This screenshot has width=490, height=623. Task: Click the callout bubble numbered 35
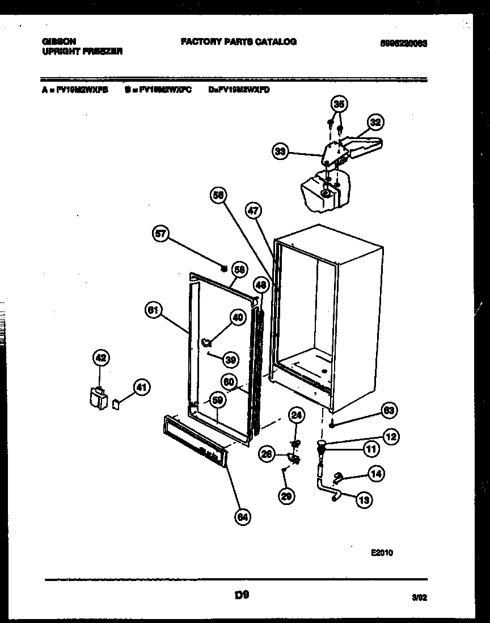pyautogui.click(x=339, y=104)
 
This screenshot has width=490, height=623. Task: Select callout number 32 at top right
pyautogui.click(x=375, y=122)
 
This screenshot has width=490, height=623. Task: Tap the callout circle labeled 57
pyautogui.click(x=162, y=234)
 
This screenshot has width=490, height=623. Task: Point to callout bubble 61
pyautogui.click(x=154, y=310)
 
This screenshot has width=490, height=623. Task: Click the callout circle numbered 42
pyautogui.click(x=100, y=358)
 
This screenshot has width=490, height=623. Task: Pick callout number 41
pyautogui.click(x=142, y=388)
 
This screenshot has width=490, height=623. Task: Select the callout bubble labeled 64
pyautogui.click(x=243, y=516)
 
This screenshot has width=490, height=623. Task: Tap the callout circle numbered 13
pyautogui.click(x=365, y=499)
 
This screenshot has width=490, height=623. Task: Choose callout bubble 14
pyautogui.click(x=375, y=473)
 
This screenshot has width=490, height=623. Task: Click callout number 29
pyautogui.click(x=287, y=496)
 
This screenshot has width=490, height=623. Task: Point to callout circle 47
pyautogui.click(x=254, y=211)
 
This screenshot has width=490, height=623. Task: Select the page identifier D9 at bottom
pyautogui.click(x=242, y=595)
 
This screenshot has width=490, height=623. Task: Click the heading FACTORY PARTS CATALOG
pyautogui.click(x=238, y=41)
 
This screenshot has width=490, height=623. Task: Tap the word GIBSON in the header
pyautogui.click(x=59, y=41)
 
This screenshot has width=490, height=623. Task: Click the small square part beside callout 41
pyautogui.click(x=117, y=403)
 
